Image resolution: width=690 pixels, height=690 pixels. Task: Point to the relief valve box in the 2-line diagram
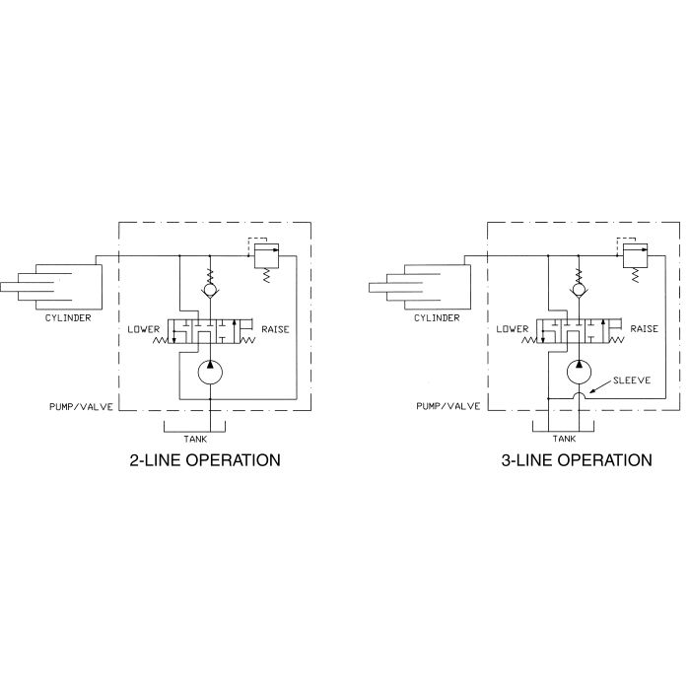click(x=267, y=255)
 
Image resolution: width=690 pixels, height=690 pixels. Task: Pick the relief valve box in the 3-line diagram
click(x=635, y=255)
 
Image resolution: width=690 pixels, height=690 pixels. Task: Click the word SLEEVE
click(x=632, y=380)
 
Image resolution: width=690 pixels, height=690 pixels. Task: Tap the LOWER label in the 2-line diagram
click(x=144, y=329)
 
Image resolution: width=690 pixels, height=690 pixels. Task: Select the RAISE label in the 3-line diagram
click(x=645, y=328)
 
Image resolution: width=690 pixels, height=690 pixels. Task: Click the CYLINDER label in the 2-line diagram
click(x=68, y=317)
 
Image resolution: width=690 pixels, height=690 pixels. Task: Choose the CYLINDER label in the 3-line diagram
click(x=437, y=317)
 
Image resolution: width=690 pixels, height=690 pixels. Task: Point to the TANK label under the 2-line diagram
click(x=195, y=439)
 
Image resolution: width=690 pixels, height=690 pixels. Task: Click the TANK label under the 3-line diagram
click(x=564, y=439)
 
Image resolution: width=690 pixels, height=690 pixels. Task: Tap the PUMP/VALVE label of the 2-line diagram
click(x=81, y=406)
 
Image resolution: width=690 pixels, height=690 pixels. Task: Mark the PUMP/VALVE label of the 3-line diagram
click(x=448, y=406)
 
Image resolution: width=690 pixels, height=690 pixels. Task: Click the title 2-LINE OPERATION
click(x=205, y=460)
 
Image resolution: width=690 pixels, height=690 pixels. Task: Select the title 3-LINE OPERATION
click(x=577, y=460)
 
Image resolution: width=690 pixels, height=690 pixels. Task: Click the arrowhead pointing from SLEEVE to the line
click(x=592, y=390)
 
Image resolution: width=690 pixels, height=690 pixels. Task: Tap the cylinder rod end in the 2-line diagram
click(x=1, y=288)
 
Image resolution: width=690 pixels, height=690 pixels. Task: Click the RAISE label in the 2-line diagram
click(x=275, y=329)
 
